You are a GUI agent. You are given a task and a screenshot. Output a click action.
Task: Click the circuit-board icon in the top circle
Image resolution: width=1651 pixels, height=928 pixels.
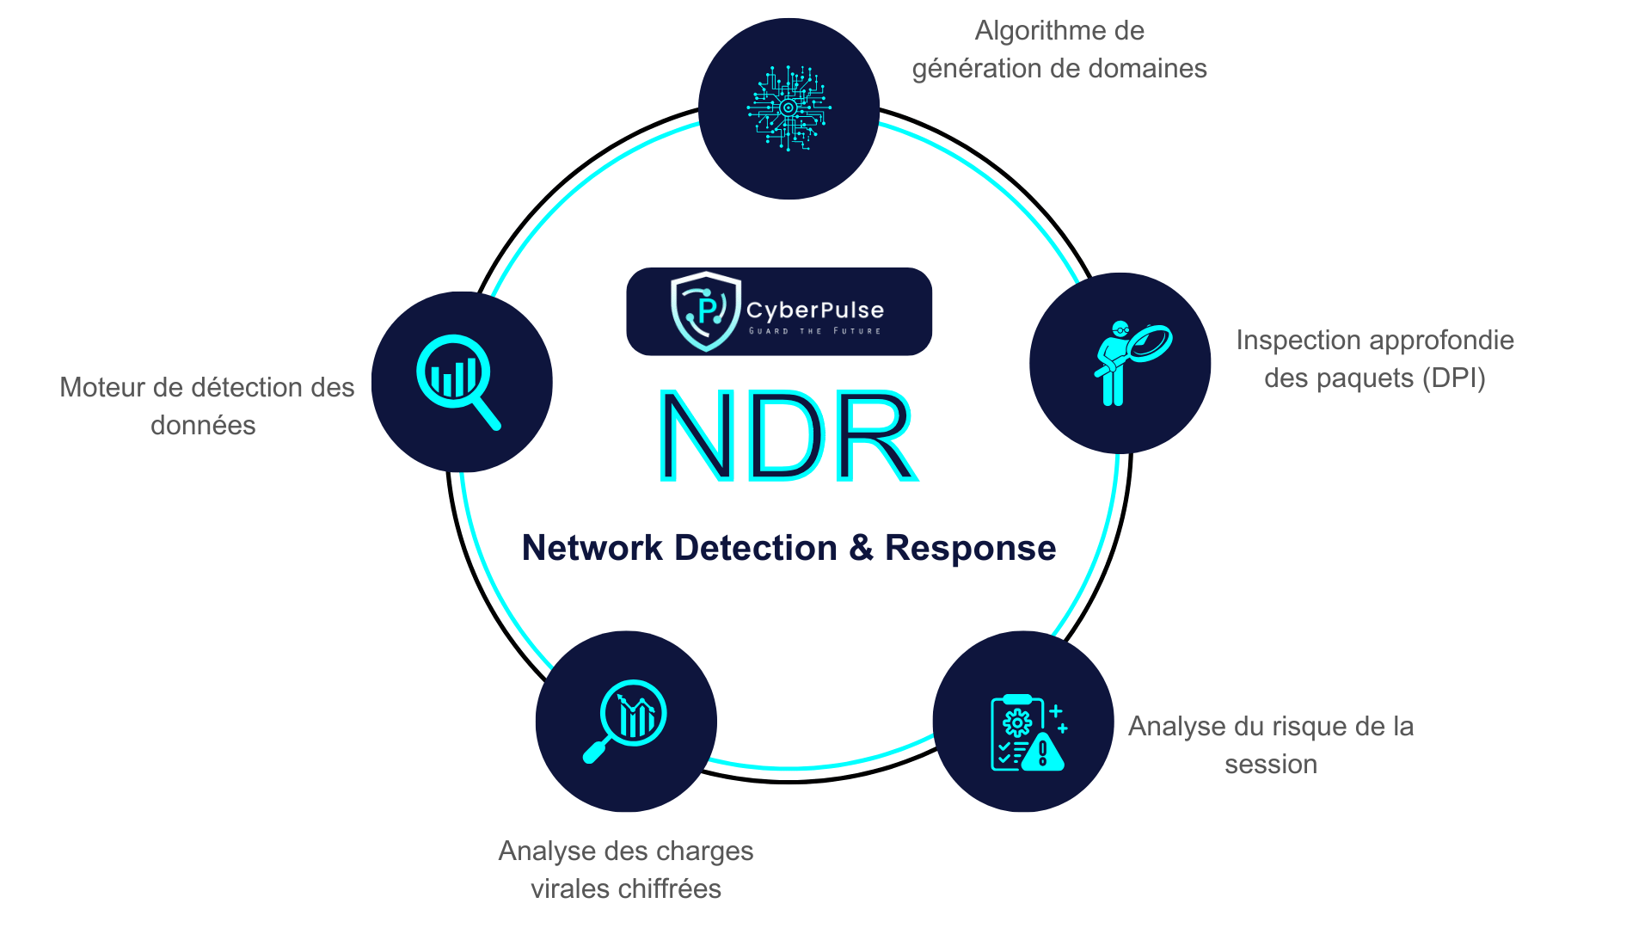pos(789,108)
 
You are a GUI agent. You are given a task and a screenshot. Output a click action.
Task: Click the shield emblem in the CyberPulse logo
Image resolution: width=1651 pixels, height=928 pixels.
pos(705,311)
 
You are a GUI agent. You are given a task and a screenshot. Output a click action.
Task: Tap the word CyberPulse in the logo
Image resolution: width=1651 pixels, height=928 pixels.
pos(814,310)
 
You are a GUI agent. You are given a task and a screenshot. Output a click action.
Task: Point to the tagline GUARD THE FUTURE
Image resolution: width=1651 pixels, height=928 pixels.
pos(814,331)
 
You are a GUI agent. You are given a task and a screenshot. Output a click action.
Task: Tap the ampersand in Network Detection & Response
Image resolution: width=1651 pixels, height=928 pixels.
pos(861,548)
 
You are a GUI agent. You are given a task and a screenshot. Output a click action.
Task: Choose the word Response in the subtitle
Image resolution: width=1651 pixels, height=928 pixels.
pos(970,549)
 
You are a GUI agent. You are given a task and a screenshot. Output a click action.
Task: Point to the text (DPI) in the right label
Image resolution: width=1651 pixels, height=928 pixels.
pos(1453,378)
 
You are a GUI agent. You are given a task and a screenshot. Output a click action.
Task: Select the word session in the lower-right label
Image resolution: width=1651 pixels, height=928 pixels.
pos(1271,764)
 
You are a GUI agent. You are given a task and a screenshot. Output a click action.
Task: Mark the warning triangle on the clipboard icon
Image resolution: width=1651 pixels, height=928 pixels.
pos(1043,753)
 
